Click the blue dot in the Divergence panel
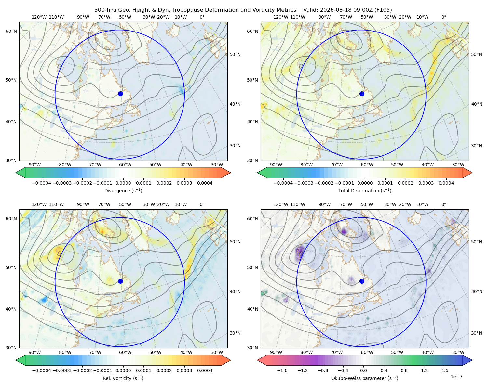pos(120,94)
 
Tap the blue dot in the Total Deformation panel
pos(362,94)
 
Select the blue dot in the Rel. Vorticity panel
pos(120,281)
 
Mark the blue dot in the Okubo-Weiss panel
pos(362,281)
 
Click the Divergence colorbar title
pos(123,191)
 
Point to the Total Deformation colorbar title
pos(365,191)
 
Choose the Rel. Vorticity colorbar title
pos(123,378)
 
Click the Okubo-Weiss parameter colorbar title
pos(365,378)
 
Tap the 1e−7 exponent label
pos(456,377)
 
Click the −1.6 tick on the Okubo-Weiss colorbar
pos(282,370)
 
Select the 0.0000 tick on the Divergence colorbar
pos(123,183)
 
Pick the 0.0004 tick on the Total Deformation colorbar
pos(446,183)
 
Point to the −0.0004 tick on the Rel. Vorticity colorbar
pos(42,370)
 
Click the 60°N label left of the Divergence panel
pos(11,31)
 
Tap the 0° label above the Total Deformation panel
pos(443,17)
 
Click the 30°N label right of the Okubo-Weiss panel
pos(476,333)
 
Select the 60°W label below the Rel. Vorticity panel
pos(125,352)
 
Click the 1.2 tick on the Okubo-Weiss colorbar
pos(424,370)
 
